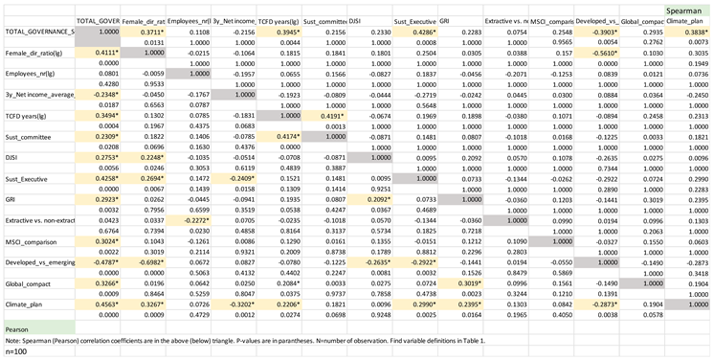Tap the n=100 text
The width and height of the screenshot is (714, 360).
(17, 352)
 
